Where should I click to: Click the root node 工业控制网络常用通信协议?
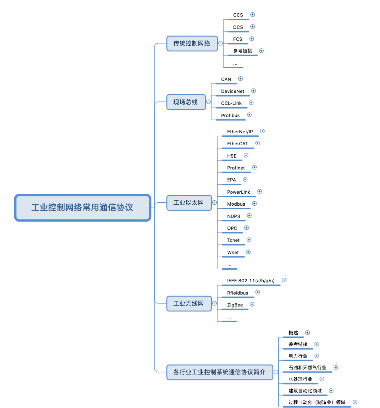coord(83,208)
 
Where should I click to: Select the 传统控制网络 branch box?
coord(192,43)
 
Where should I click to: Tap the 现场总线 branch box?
coord(186,102)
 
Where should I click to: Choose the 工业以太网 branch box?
coord(189,203)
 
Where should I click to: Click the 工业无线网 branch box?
coord(189,304)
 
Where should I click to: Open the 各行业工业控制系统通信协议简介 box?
coord(220,372)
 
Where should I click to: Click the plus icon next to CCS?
coord(252,15)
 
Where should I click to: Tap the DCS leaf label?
coord(238,27)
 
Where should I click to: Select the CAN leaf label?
coord(226,79)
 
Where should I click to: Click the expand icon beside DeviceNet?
coord(253,91)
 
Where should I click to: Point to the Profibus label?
coord(230,115)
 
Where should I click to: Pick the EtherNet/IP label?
coord(240,132)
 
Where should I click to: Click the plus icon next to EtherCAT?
coord(258,143)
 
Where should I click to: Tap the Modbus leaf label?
coord(236,204)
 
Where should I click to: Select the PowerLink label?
coord(238,192)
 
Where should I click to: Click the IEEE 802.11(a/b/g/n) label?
coord(251,281)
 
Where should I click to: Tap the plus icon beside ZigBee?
coord(252,304)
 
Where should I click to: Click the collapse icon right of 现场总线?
coord(209,102)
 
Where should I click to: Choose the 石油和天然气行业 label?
coord(307,368)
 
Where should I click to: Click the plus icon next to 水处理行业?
coord(322,379)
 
